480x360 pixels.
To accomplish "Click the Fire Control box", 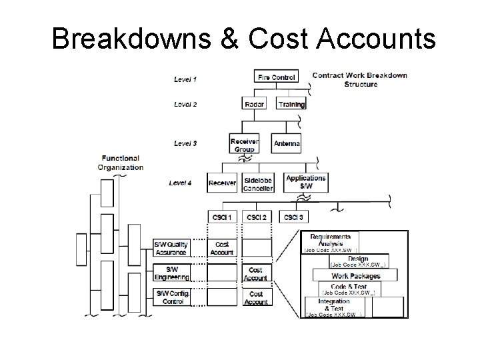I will tap(275, 78).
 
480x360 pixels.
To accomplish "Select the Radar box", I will tap(254, 104).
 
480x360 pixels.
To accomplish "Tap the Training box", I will tap(291, 104).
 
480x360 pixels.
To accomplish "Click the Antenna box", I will tap(287, 144).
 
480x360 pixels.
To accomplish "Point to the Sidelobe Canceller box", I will tap(258, 183).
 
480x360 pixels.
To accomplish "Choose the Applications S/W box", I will tap(305, 181).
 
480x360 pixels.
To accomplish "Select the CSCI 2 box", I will tap(256, 217).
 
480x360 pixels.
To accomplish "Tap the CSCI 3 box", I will tap(291, 217).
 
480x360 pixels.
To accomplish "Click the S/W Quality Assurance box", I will tap(171, 248).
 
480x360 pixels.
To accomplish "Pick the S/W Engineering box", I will tap(171, 273).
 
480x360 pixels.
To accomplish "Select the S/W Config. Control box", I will tap(171, 297).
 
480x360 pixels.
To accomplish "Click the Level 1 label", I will tap(185, 79).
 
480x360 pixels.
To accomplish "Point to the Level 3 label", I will tap(185, 143).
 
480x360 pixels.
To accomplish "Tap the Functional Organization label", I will tap(121, 163).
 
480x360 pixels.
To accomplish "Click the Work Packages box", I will tap(356, 276).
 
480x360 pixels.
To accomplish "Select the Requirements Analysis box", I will tap(331, 241).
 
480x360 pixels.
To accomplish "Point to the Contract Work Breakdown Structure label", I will tap(359, 79).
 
